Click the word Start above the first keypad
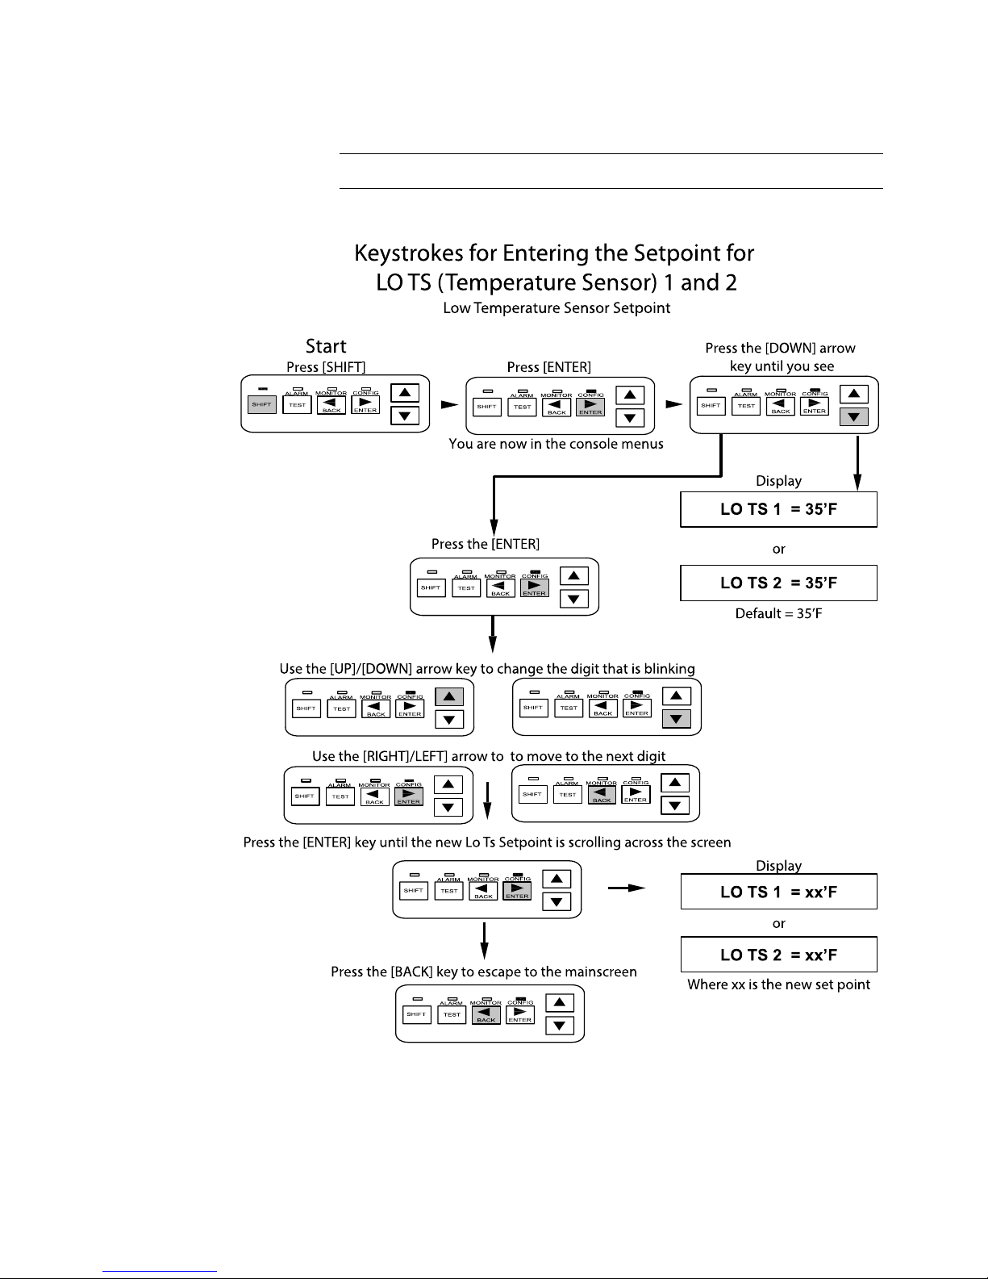tap(326, 346)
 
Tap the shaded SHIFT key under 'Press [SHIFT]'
tap(261, 404)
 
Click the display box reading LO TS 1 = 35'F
tap(778, 509)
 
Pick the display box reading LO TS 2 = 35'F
tap(778, 583)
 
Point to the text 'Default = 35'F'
tap(778, 613)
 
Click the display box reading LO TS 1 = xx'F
tap(778, 892)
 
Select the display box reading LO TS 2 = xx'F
tap(778, 954)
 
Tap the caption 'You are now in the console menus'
tap(556, 444)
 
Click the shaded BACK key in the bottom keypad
tap(486, 1014)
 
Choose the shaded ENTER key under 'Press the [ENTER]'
tap(535, 588)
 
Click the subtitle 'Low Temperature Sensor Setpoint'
tap(557, 307)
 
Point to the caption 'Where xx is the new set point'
tap(778, 984)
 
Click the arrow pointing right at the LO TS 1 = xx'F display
tap(627, 888)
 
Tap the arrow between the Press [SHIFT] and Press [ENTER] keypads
tap(449, 404)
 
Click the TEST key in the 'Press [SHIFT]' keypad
tap(297, 405)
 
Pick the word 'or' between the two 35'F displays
tap(778, 550)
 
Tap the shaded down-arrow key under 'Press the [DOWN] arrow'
tap(854, 417)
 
